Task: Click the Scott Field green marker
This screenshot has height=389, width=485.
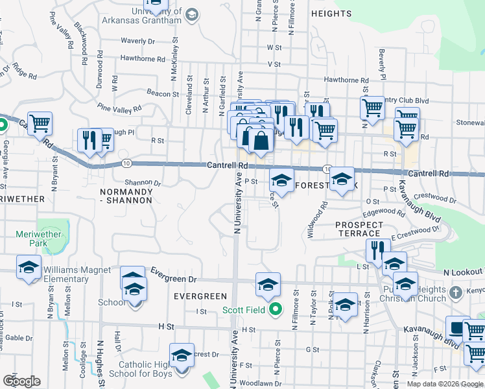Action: [275, 309]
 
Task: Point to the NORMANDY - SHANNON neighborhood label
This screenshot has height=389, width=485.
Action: [126, 196]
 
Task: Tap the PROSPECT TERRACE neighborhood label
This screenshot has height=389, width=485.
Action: [359, 229]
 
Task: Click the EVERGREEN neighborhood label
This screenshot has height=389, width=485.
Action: [200, 296]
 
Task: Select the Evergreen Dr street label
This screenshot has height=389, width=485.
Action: [173, 277]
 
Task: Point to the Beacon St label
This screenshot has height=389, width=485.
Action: [158, 93]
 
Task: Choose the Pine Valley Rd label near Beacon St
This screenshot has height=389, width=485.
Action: [119, 107]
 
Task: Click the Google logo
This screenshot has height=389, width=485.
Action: [21, 381]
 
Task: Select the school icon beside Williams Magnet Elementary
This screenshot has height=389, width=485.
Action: [28, 267]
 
